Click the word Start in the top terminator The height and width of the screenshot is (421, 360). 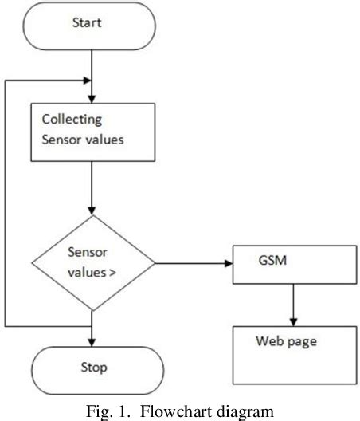coord(87,22)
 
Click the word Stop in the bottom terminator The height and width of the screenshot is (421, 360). coord(94,368)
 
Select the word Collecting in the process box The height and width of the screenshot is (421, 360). coord(72,120)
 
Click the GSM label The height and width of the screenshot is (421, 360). coord(272,260)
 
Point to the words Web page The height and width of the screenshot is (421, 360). coord(286,342)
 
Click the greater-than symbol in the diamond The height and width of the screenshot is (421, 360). coord(112,273)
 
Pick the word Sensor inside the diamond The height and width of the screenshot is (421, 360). coord(88,252)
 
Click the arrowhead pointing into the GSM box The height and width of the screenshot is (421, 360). coord(229,263)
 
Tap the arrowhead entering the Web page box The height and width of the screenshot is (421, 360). coord(293,322)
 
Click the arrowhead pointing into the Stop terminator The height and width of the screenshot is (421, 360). coord(92,343)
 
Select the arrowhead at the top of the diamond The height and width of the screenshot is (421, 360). coord(92,210)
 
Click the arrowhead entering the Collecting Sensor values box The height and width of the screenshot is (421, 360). coord(92,100)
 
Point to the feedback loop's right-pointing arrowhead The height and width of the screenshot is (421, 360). coord(87,81)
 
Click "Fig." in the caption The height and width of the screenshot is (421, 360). coord(100,412)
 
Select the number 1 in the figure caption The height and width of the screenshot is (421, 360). coord(123,411)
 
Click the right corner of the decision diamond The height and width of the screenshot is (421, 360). coord(155,263)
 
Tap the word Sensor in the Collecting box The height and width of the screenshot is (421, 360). coord(61,140)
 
